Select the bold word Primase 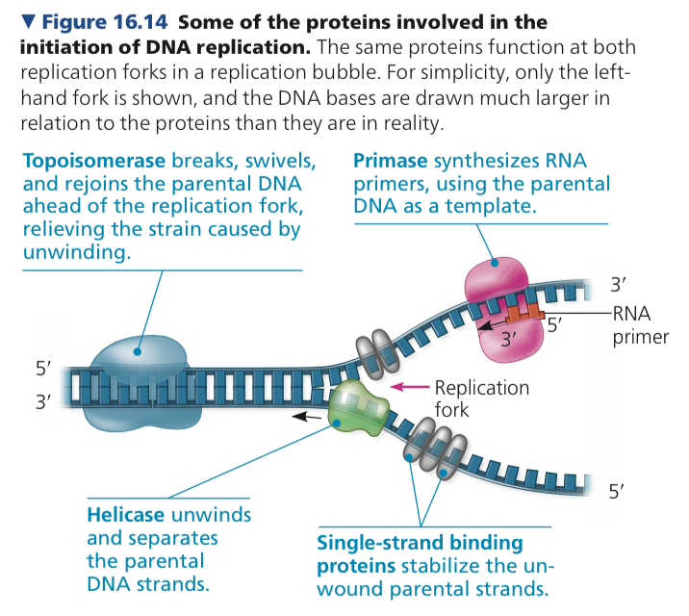(392, 160)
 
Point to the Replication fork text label (481, 398)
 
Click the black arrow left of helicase (308, 418)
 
